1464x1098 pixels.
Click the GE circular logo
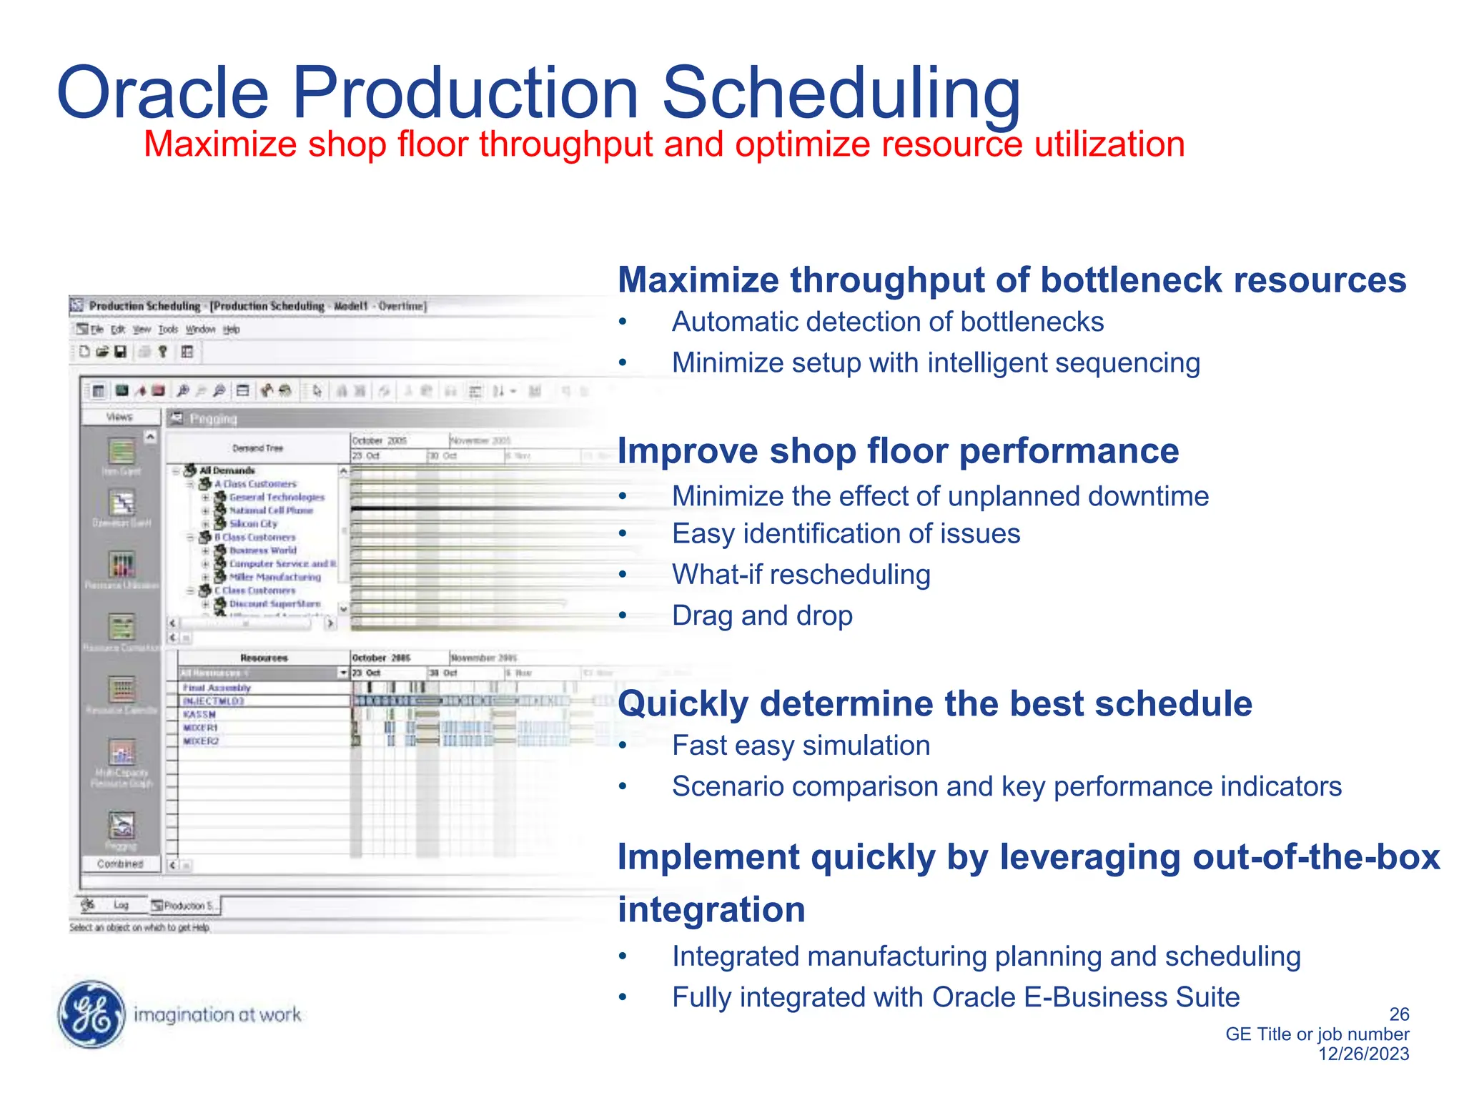91,1014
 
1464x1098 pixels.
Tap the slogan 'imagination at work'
217,1014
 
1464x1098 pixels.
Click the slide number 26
1398,1014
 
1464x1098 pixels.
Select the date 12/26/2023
1363,1054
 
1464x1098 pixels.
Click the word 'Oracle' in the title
163,93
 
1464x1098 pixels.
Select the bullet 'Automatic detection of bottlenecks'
887,322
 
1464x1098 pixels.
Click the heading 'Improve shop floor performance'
898,451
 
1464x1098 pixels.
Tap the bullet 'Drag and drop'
762,615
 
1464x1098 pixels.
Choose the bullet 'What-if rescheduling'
801,575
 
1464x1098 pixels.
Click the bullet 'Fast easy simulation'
801,746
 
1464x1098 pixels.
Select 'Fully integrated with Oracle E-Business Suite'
955,997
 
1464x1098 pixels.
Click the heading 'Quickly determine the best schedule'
934,703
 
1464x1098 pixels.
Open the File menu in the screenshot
97,330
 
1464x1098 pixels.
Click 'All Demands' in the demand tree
227,470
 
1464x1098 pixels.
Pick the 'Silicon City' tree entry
253,524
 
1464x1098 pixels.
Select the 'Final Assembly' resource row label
217,688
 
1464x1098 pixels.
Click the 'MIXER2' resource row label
201,741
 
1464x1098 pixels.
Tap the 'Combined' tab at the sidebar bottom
120,864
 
